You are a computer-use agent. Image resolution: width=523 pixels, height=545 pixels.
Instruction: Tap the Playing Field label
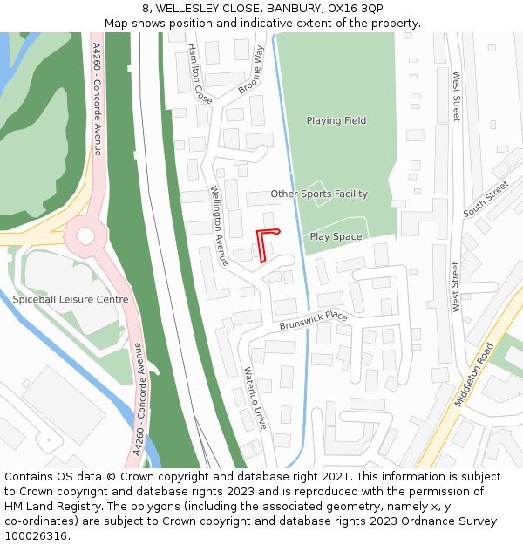coord(336,120)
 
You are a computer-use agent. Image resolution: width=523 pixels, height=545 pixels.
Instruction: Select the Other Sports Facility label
coord(319,194)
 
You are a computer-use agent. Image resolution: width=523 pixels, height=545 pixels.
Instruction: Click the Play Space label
coord(336,236)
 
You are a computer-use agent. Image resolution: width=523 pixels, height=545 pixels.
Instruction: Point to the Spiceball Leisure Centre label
coord(71,299)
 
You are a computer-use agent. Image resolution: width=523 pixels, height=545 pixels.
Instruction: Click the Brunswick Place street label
coord(314,320)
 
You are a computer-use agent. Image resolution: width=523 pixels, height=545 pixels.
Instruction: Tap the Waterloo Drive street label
coord(255,398)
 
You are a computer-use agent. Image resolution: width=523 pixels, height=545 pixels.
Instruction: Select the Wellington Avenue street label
coord(219,226)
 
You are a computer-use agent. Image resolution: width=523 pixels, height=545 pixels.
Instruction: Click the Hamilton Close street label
coord(194,74)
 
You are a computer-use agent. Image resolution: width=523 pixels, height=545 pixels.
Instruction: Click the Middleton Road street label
coord(474,374)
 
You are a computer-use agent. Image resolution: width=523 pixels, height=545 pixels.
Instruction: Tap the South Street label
coord(486,200)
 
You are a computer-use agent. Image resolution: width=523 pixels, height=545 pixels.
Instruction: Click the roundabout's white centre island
coord(85,236)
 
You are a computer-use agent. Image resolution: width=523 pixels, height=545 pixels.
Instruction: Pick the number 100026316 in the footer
coord(36,535)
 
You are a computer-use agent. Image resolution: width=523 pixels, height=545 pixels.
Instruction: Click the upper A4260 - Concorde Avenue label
coord(97,98)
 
